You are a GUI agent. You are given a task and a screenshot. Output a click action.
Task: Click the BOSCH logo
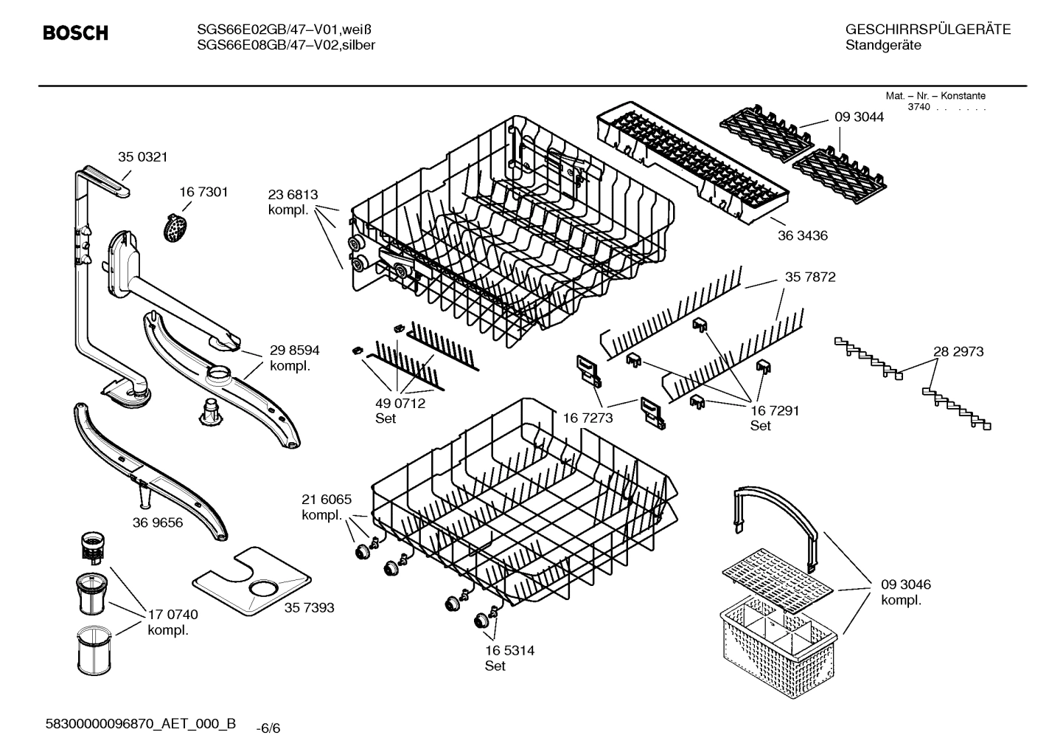coord(75,33)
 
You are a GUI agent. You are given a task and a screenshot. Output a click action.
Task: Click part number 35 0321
coord(143,156)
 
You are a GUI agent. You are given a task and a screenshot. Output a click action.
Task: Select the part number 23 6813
coord(293,195)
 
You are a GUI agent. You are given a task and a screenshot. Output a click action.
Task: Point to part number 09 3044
coord(859,117)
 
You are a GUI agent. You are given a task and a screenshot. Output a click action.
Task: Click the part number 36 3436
coord(803,235)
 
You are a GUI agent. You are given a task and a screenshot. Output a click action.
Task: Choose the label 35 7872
coord(810,277)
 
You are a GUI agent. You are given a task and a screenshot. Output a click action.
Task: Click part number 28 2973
coord(958,351)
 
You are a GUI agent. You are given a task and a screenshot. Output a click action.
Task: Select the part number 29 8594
coord(294,351)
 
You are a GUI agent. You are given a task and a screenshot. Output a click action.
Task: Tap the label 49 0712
coord(400,403)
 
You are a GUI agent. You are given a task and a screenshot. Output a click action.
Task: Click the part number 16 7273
coord(588,418)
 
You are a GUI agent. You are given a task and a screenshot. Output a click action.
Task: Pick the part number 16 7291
coord(775,410)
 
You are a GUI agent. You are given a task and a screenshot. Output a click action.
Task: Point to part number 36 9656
coord(158,522)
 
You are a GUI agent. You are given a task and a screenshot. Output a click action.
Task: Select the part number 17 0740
coord(172,614)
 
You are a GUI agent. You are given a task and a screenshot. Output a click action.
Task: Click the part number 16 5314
coord(509,650)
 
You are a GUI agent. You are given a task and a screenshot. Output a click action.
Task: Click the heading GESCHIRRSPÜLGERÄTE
coord(927,30)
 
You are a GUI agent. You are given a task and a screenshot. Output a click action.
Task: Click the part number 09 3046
coord(905,584)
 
